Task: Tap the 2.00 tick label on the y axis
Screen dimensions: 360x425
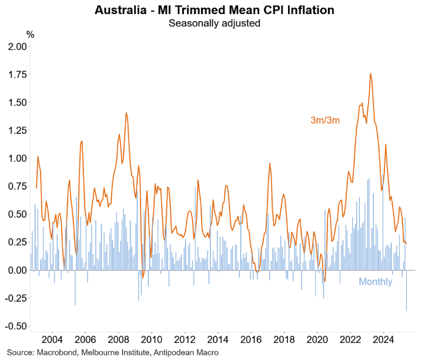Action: pyautogui.click(x=16, y=46)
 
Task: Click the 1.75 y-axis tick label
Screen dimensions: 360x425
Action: pyautogui.click(x=16, y=75)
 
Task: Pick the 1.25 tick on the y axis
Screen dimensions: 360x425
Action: pyautogui.click(x=16, y=131)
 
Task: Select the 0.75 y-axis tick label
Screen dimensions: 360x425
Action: pyautogui.click(x=16, y=186)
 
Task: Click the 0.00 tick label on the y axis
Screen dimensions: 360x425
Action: pyautogui.click(x=16, y=271)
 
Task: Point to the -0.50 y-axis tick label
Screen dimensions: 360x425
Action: pyautogui.click(x=14, y=326)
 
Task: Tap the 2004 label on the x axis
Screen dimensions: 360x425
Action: pyautogui.click(x=52, y=339)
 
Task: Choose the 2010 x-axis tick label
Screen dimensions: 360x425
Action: pyautogui.click(x=152, y=339)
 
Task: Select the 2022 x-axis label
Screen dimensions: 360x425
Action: pyautogui.click(x=351, y=339)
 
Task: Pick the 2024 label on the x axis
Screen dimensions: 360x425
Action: pyautogui.click(x=384, y=339)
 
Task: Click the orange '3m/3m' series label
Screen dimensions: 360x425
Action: pyautogui.click(x=325, y=121)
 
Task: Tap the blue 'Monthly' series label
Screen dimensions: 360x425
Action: pyautogui.click(x=376, y=282)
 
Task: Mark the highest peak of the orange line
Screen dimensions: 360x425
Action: pyautogui.click(x=370, y=74)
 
